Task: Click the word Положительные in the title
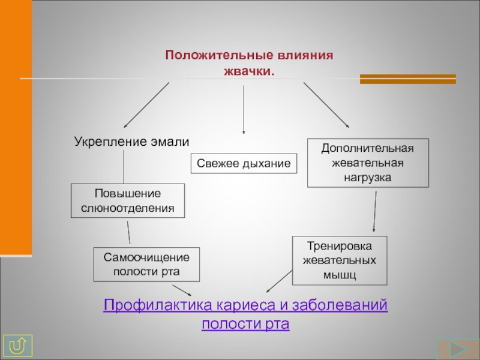pyautogui.click(x=219, y=55)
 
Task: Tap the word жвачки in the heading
pyautogui.click(x=247, y=71)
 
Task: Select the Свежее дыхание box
pyautogui.click(x=244, y=163)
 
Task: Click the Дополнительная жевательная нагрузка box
pyautogui.click(x=368, y=163)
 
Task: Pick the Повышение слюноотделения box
pyautogui.click(x=128, y=201)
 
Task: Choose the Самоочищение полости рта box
pyautogui.click(x=146, y=265)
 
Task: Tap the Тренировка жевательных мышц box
pyautogui.click(x=340, y=260)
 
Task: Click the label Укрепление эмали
pyautogui.click(x=131, y=142)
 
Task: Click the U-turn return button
pyautogui.click(x=18, y=346)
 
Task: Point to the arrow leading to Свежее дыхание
pyautogui.click(x=244, y=110)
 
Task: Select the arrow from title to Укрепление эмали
pyautogui.click(x=146, y=105)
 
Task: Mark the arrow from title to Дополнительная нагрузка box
pyautogui.click(x=326, y=105)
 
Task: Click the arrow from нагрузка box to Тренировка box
pyautogui.click(x=374, y=212)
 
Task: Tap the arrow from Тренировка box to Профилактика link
pyautogui.click(x=279, y=281)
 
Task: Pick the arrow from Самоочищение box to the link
pyautogui.click(x=182, y=290)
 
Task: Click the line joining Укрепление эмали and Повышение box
pyautogui.click(x=124, y=167)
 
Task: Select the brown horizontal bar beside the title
pyautogui.click(x=408, y=79)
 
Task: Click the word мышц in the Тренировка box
pyautogui.click(x=340, y=275)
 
